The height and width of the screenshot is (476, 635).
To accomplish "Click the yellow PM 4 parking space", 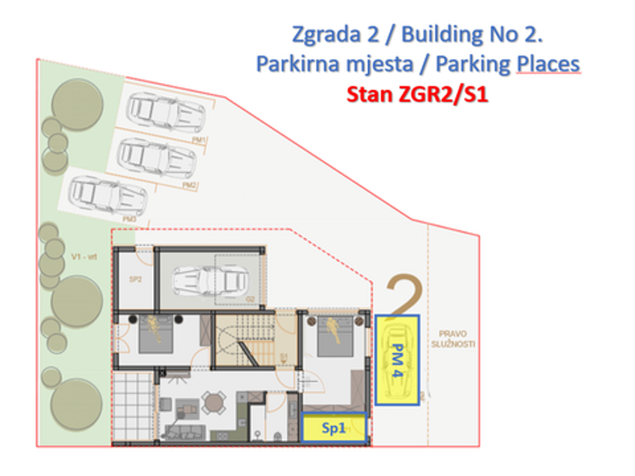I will coord(397,359).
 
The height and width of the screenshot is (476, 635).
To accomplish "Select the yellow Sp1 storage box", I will coord(334,428).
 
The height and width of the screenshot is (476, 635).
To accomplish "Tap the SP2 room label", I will coord(136,280).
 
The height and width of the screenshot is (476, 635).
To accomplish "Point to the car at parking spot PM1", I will coord(166,113).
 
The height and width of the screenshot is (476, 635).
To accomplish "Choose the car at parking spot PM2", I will coord(157,157).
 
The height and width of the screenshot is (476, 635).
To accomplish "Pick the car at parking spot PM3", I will coord(108,196).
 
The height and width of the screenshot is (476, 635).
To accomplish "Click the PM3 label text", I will coord(129,219).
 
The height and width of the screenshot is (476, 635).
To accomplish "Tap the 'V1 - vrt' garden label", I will coord(83,257).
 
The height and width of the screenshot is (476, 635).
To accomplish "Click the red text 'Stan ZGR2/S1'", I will coord(417,95).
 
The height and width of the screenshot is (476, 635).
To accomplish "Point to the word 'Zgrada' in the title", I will coord(322,35).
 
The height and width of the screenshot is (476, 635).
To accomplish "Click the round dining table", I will coord(214,402).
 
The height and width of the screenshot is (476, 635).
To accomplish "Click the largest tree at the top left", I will coord(77,104).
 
